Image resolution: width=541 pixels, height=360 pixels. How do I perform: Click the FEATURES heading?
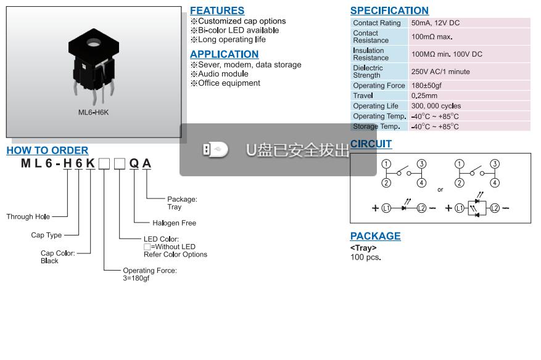click(217, 10)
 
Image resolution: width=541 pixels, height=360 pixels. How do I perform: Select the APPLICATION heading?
click(224, 54)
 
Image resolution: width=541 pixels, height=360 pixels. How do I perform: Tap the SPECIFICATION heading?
click(389, 10)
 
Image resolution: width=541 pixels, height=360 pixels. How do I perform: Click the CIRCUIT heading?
click(371, 144)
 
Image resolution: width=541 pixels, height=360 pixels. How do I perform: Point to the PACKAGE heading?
click(375, 236)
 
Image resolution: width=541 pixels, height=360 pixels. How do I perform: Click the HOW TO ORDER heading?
click(47, 150)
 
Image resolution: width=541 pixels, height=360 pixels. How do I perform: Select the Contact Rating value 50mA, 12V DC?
click(436, 23)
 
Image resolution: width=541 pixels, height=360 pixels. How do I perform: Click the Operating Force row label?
click(379, 86)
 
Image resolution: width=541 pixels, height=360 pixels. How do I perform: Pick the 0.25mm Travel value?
click(424, 96)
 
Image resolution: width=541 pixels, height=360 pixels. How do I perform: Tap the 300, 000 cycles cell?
click(436, 106)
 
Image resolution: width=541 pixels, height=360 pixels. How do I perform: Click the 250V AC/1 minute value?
click(440, 72)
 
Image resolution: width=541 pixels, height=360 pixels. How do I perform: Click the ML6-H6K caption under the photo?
click(93, 112)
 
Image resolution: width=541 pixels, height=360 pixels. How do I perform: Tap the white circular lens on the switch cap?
click(94, 43)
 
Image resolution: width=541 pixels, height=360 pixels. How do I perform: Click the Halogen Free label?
click(174, 223)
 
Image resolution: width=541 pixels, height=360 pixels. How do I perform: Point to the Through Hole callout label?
click(28, 216)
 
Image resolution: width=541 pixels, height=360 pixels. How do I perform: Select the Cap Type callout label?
click(46, 235)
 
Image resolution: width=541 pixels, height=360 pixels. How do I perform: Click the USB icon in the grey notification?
click(215, 149)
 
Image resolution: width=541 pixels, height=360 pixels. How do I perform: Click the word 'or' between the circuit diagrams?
click(440, 189)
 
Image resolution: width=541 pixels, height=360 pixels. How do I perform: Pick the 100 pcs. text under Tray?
click(366, 257)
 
